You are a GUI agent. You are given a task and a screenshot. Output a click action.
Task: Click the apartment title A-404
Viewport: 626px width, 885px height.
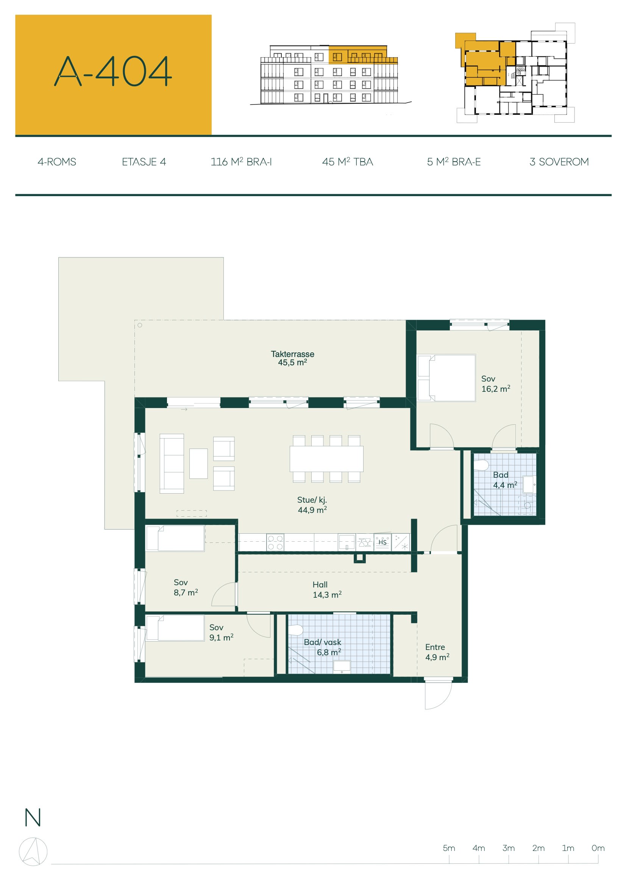pyautogui.click(x=112, y=71)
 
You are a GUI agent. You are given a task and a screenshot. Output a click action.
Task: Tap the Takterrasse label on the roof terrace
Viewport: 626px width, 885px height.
pyautogui.click(x=292, y=354)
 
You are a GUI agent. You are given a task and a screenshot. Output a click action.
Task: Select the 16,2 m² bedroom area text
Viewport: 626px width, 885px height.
pyautogui.click(x=496, y=389)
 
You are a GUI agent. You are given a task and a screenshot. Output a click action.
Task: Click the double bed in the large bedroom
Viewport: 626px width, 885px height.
pyautogui.click(x=446, y=378)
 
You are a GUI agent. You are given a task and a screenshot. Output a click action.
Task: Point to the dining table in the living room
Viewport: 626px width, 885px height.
pyautogui.click(x=326, y=459)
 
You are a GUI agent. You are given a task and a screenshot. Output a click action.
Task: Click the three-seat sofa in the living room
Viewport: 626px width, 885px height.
pyautogui.click(x=172, y=464)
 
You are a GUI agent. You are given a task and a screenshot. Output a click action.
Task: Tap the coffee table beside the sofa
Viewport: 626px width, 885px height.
pyautogui.click(x=198, y=464)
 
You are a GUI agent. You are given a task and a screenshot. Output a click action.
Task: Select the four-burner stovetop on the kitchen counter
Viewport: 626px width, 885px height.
pyautogui.click(x=275, y=542)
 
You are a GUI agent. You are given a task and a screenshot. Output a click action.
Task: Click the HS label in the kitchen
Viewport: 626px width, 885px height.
pyautogui.click(x=382, y=542)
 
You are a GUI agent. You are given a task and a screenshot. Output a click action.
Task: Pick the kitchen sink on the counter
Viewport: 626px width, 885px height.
pyautogui.click(x=347, y=542)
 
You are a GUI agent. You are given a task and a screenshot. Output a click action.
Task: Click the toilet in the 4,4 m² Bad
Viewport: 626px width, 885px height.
pyautogui.click(x=481, y=465)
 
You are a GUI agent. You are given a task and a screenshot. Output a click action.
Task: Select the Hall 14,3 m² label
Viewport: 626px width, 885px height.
pyautogui.click(x=327, y=590)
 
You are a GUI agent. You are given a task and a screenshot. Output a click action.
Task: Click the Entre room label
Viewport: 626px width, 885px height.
pyautogui.click(x=435, y=647)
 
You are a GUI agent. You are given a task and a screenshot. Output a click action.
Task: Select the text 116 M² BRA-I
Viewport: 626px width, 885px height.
pyautogui.click(x=241, y=162)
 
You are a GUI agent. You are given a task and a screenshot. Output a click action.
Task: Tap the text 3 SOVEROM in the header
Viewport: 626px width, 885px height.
pyautogui.click(x=559, y=162)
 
